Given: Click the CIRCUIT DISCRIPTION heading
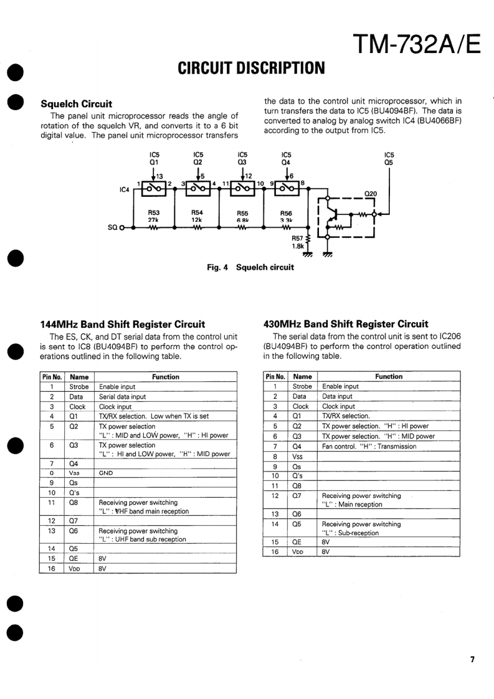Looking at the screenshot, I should pos(251,67).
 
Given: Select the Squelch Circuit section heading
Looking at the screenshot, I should pos(76,103).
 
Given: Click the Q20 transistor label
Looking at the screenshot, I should pos(371,193).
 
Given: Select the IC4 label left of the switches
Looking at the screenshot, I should pos(124,189).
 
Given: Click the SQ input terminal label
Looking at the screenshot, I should pos(112,227).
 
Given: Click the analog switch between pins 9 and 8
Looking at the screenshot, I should pos(287,187).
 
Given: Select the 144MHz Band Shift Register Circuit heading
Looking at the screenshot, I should pos(122,324).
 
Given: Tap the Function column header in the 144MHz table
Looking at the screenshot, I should pos(165,377).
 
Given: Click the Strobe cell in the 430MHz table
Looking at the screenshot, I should pos(301,386).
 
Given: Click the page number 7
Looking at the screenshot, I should pos(472,659).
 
